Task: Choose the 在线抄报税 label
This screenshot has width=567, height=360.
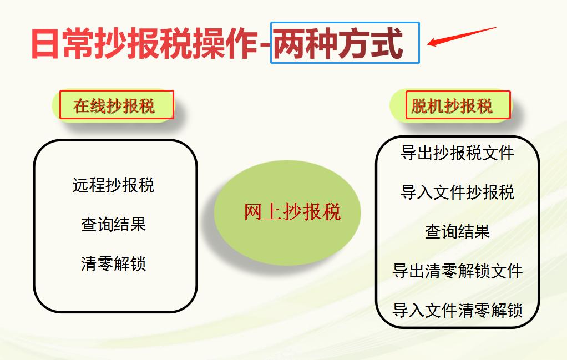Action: tap(115, 105)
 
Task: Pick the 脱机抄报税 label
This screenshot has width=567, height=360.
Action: tap(452, 105)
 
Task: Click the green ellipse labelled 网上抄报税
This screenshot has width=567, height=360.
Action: tap(287, 212)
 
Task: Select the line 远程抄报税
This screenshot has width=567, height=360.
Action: tap(113, 185)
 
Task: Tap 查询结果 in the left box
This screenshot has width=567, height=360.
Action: tap(113, 224)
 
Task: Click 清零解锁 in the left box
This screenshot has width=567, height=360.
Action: tap(113, 263)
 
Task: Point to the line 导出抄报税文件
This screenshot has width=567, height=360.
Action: tap(457, 153)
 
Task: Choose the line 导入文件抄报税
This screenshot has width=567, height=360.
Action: tap(457, 192)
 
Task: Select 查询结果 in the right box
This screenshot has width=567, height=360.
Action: tap(457, 231)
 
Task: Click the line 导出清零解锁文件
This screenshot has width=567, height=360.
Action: tap(457, 271)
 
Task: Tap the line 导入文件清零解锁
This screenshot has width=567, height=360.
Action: tap(457, 310)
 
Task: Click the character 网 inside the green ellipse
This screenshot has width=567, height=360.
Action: tap(253, 212)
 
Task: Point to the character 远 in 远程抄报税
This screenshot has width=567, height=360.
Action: tap(80, 185)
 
